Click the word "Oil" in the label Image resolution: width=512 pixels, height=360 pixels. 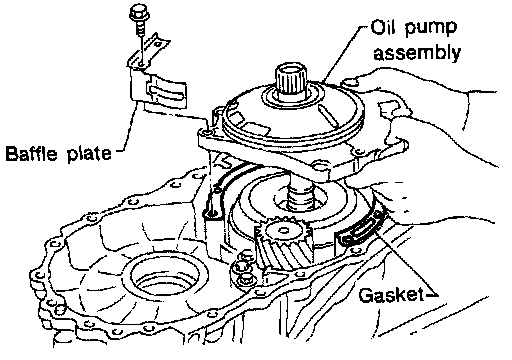(x=382, y=27)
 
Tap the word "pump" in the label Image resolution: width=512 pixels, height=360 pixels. (x=431, y=29)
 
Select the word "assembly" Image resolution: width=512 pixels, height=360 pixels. (x=417, y=53)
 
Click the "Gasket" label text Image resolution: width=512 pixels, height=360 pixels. (x=389, y=295)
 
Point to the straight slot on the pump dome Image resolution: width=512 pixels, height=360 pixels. (x=329, y=116)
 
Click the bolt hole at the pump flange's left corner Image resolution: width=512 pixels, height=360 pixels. (x=207, y=133)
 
